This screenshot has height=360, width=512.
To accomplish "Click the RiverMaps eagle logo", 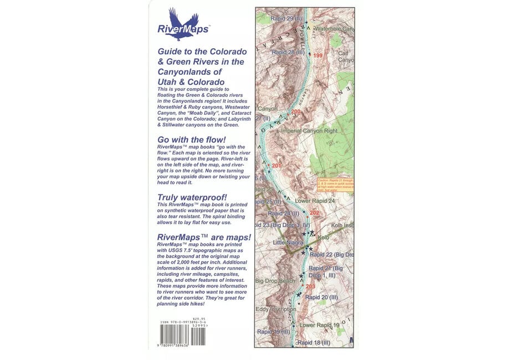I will point(182,24).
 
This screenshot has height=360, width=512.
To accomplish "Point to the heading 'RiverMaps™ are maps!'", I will point(203,238).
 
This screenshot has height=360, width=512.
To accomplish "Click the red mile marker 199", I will point(318,55).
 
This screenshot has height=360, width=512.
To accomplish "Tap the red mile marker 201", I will point(277,166).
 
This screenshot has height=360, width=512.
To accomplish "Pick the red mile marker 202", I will point(314,213).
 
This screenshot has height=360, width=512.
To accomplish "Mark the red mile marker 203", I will point(310,286).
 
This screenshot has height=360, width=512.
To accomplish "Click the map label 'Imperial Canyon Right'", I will point(309,131).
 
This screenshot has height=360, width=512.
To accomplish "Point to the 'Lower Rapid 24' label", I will point(315,200).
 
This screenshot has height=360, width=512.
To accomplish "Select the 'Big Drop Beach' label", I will point(275,281).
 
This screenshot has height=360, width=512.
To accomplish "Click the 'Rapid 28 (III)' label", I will point(288,52).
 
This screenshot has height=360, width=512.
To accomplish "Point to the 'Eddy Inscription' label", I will point(275,309).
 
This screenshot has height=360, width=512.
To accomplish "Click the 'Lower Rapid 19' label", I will point(319,325).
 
